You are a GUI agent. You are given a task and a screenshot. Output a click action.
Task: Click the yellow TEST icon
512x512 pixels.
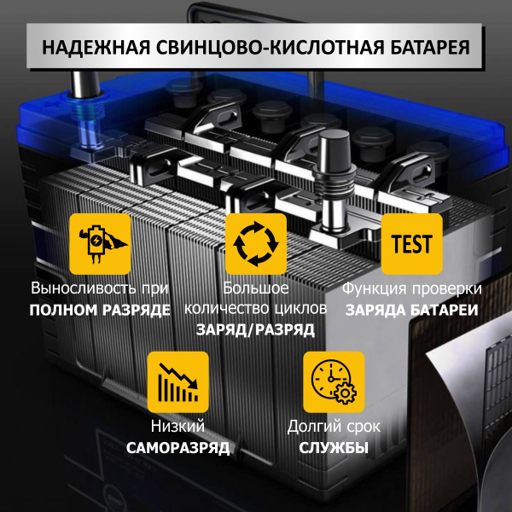click(x=411, y=244)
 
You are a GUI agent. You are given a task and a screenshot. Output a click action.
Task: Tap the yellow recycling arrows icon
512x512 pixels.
click(x=256, y=244)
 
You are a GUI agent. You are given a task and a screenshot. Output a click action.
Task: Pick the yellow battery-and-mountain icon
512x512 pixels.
click(x=100, y=244)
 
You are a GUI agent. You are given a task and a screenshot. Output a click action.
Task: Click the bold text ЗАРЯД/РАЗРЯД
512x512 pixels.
click(x=256, y=329)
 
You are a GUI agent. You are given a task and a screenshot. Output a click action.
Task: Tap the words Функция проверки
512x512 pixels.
click(x=411, y=288)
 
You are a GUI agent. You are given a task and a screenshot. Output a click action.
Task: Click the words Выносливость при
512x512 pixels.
click(x=100, y=288)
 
